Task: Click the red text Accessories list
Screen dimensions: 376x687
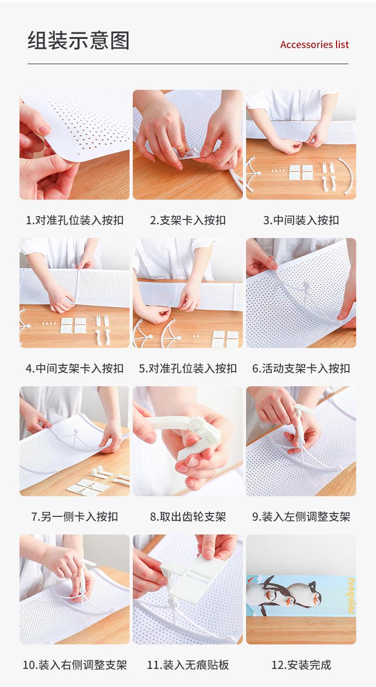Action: (x=314, y=45)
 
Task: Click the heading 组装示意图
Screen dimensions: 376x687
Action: (x=79, y=40)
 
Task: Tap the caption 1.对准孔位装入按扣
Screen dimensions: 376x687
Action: (x=75, y=220)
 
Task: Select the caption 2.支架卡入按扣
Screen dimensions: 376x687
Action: (x=188, y=220)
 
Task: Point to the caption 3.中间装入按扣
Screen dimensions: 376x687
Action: (x=301, y=220)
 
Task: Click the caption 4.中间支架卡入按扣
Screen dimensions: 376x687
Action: (x=75, y=368)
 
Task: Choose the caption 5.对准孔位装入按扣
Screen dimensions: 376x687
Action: (x=188, y=368)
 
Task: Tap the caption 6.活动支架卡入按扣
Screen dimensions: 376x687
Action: (x=301, y=368)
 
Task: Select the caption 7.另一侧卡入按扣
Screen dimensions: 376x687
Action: (x=75, y=517)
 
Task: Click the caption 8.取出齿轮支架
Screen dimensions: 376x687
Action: (x=188, y=517)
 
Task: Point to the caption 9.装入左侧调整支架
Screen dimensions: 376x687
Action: (x=301, y=517)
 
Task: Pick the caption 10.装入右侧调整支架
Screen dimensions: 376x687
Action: (x=75, y=665)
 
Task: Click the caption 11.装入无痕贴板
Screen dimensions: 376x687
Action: (x=188, y=665)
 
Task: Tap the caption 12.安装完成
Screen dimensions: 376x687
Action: (x=301, y=665)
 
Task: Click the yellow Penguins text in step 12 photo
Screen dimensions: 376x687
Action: (x=351, y=596)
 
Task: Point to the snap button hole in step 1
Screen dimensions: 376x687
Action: (x=79, y=154)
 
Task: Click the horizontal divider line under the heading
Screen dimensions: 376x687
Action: (x=188, y=64)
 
